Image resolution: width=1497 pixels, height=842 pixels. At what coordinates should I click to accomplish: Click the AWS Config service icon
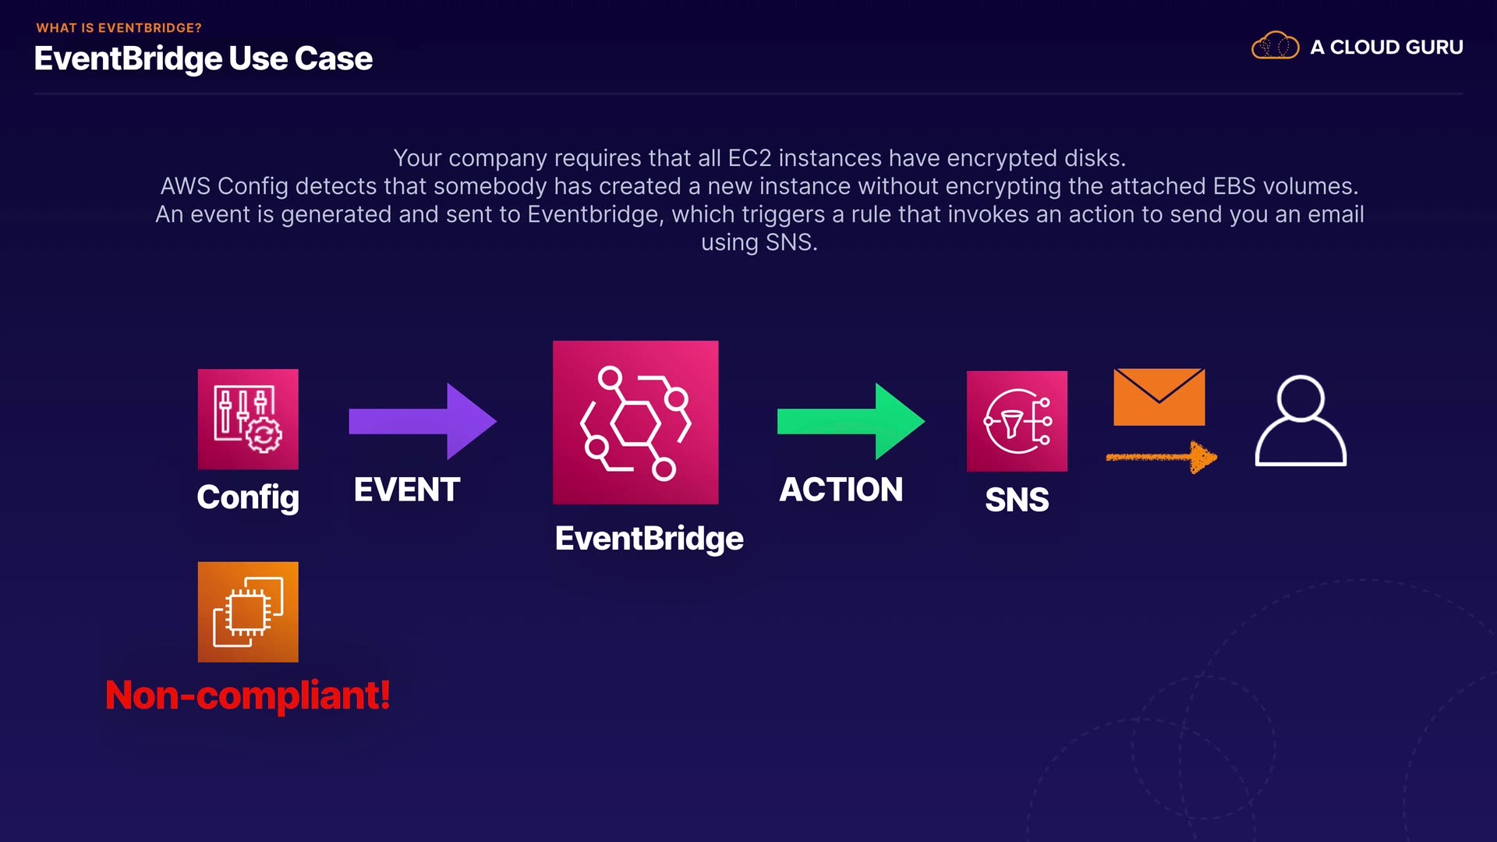coord(248,419)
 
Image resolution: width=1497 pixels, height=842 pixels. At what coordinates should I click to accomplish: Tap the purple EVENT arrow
coord(422,421)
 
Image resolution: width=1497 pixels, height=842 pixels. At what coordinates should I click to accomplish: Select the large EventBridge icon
coord(635,422)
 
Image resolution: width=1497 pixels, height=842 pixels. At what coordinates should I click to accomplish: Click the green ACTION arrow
coord(850,421)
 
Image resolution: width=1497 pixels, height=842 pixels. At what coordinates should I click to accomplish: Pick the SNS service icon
coord(1017,421)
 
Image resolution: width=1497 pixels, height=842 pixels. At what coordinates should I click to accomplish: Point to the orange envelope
coord(1159,397)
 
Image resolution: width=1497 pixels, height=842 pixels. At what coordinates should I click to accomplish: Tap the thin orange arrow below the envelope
coord(1161,457)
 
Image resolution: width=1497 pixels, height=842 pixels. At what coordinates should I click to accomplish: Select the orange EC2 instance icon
coord(248,612)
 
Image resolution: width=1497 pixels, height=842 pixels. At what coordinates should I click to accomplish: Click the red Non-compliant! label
coord(248,695)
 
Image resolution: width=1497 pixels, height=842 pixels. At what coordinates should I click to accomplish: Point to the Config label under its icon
coord(248,497)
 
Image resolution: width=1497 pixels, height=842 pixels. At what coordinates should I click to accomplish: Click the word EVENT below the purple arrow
coord(407,490)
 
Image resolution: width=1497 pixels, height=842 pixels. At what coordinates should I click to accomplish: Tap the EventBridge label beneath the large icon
coord(649,538)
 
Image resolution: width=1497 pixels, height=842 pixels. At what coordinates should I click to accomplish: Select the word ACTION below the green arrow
coord(841,490)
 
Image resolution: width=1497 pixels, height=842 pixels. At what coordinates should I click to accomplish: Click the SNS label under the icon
coord(1017,499)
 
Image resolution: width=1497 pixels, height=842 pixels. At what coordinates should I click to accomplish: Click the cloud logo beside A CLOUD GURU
coord(1275,46)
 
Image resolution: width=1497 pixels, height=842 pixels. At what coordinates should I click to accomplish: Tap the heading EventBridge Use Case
coord(203,58)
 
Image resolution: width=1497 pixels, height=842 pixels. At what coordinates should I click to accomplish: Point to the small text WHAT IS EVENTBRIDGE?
coord(119,28)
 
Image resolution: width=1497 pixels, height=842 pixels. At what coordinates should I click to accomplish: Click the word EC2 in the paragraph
coord(749,158)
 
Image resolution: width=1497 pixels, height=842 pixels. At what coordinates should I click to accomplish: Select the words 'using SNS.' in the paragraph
coord(759,242)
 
